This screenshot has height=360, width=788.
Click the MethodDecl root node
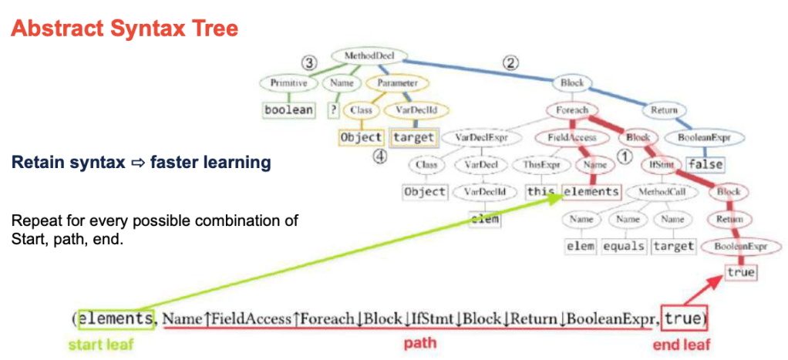(x=359, y=56)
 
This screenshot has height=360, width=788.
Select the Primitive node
(x=289, y=82)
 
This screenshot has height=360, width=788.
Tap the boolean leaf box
(x=289, y=109)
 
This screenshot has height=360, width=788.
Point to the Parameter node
(x=398, y=82)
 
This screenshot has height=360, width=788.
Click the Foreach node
(x=572, y=110)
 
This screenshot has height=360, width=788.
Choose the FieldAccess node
(x=561, y=138)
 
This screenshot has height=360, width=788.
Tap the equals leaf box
(x=625, y=247)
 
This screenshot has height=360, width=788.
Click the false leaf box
(x=705, y=164)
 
